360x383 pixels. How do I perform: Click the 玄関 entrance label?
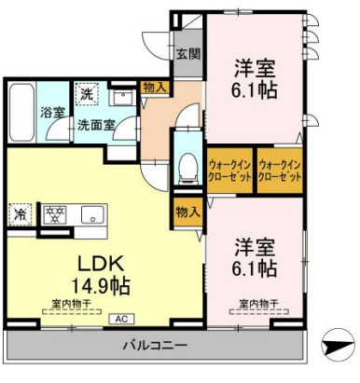[x=187, y=53]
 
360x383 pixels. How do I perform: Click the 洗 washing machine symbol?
[x=85, y=93]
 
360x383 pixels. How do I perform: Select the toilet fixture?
[x=187, y=167]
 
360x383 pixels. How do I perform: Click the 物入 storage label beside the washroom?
[x=155, y=88]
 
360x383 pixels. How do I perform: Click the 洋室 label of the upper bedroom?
[x=255, y=67]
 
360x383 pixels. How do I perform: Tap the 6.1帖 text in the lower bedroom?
[x=255, y=269]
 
